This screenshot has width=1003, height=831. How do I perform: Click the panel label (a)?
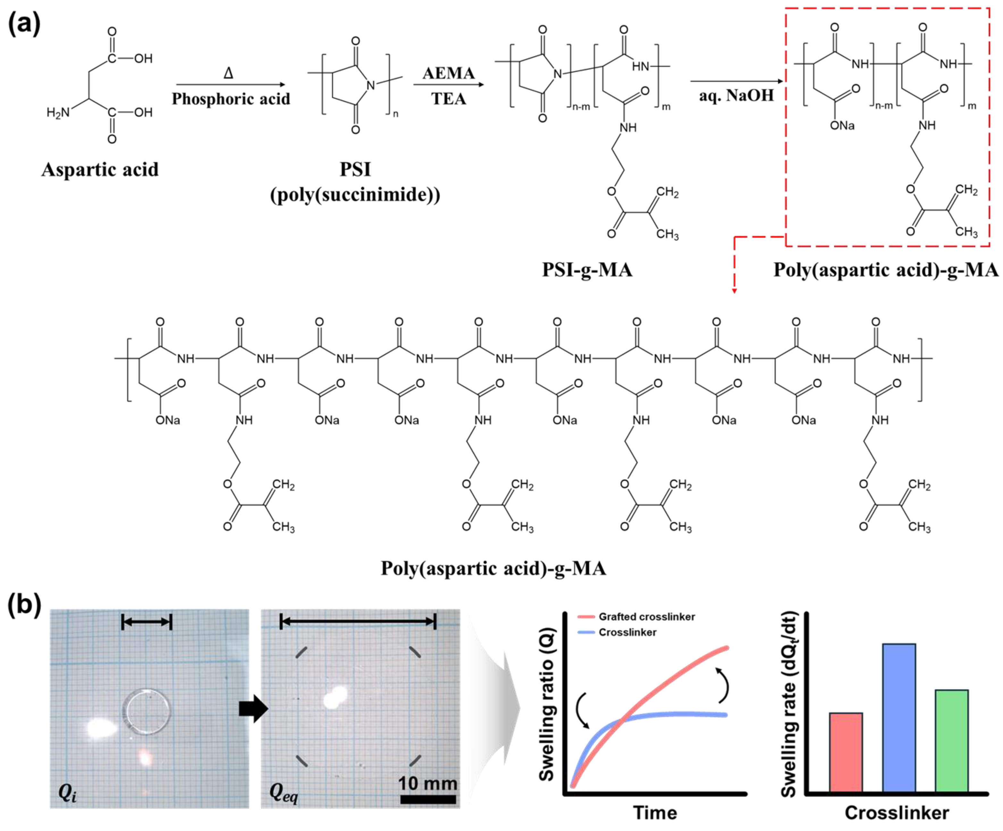coord(24,23)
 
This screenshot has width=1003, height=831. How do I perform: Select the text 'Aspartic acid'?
coord(100,169)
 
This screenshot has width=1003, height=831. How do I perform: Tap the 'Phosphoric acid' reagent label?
coord(231,99)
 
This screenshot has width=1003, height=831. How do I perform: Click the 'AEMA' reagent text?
coord(448,73)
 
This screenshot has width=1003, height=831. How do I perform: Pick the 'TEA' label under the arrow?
coord(448,99)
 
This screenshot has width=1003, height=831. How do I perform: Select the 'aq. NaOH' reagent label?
coord(736,95)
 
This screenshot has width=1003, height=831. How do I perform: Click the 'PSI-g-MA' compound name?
coord(587,270)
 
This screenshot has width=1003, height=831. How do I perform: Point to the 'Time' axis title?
coord(655,812)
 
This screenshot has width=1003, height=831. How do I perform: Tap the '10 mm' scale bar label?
coord(428,783)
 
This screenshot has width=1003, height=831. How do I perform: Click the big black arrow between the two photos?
coord(254,709)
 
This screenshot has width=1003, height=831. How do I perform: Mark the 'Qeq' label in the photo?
coord(284,793)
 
